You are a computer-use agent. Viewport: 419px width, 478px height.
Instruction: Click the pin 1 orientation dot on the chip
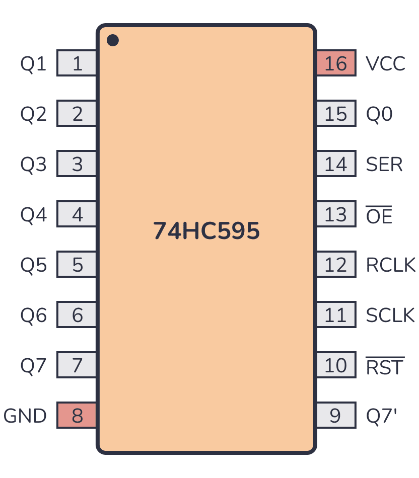113,40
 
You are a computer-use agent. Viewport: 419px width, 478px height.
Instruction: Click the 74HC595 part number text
206,231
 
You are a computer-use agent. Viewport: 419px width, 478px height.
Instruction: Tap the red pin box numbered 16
336,63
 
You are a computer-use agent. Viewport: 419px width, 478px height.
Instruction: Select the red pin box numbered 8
77,416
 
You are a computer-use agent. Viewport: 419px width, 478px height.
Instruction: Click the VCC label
385,64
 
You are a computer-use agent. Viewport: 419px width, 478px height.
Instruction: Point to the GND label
25,416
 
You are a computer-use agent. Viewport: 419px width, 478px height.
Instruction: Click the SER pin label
384,165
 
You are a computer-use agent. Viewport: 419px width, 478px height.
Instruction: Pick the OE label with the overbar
379,215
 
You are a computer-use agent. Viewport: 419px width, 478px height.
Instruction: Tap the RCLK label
391,265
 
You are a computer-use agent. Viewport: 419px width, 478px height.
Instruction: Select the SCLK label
390,315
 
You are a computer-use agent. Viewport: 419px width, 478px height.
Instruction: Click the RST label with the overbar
385,366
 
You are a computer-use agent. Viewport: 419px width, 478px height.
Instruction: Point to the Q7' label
382,416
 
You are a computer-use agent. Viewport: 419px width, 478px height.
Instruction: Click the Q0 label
379,114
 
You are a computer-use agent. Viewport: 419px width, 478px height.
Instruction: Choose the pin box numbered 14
336,164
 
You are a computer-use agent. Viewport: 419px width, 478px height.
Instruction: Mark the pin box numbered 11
336,315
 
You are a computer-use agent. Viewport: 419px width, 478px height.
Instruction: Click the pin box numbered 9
336,416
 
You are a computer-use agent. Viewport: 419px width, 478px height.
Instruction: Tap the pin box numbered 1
77,63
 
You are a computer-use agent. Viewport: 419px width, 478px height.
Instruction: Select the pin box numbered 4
77,214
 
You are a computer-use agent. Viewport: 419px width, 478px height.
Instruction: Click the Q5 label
34,265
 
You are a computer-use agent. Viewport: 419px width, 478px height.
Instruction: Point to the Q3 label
34,165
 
